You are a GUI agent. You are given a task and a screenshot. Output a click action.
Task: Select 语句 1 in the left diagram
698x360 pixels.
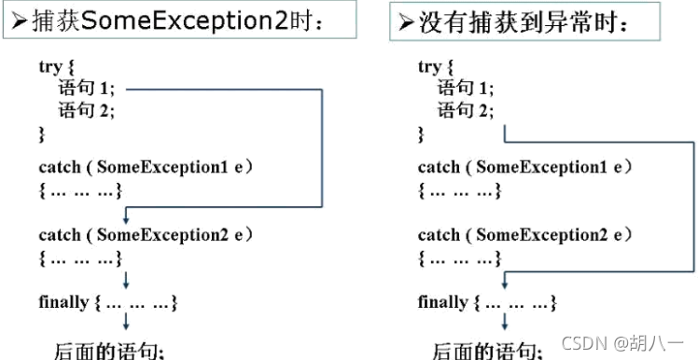(84, 90)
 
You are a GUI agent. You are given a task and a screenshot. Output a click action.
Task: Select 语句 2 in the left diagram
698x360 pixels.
(84, 112)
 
